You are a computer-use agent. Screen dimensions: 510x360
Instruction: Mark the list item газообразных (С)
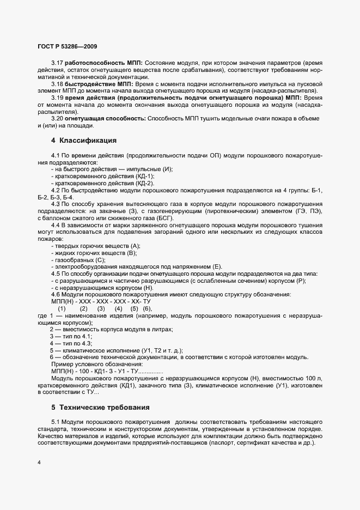click(x=78, y=259)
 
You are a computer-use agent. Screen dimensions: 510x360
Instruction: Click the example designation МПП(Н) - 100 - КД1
click(x=88, y=371)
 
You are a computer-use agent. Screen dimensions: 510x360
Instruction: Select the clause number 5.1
click(x=55, y=422)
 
